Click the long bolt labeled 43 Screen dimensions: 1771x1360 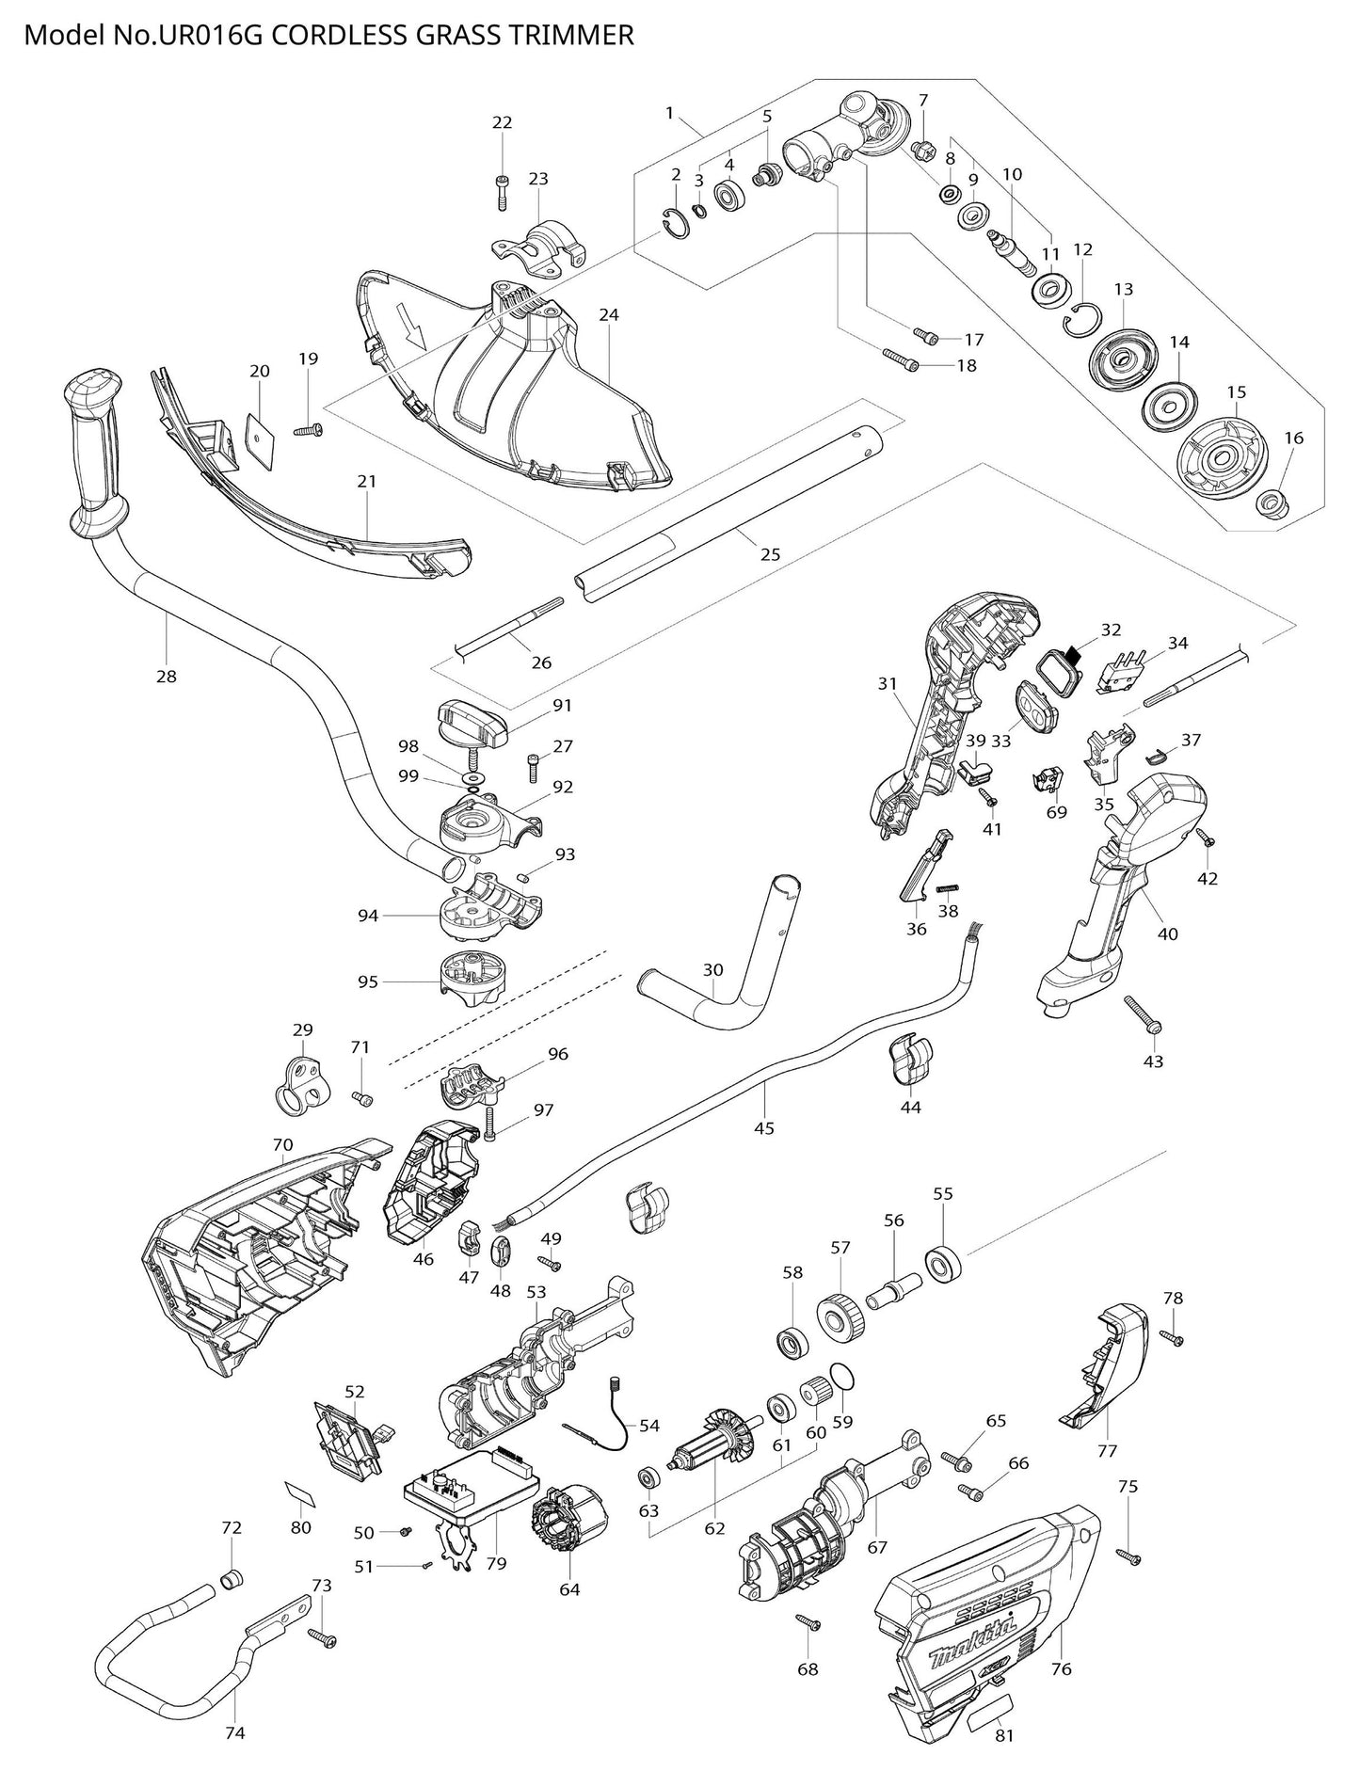pyautogui.click(x=1143, y=1013)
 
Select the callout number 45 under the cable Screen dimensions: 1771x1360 pyautogui.click(x=764, y=1127)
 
